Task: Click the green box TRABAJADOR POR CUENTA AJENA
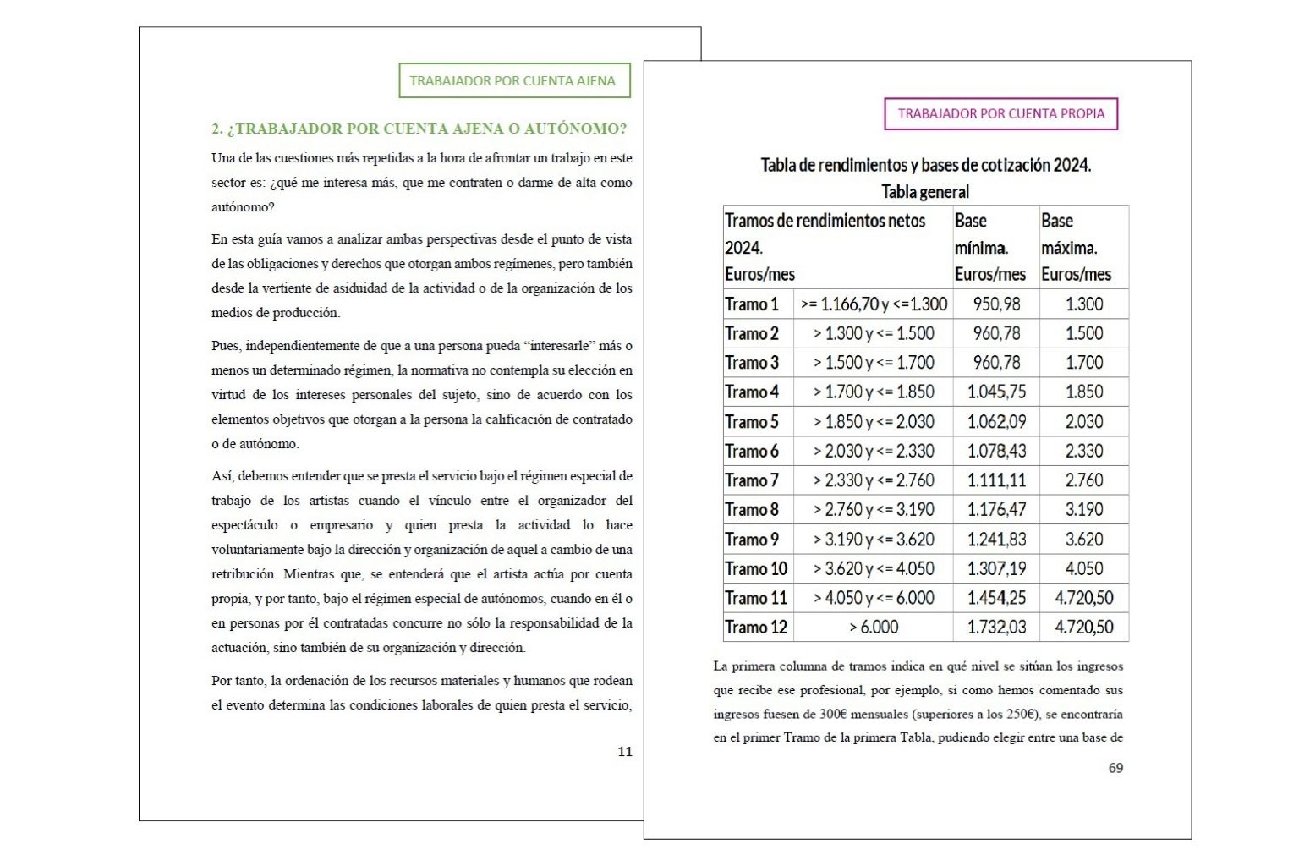coord(513,81)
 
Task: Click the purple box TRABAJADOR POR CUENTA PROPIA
coord(1000,114)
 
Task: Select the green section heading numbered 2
coord(419,129)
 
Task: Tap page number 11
coord(625,752)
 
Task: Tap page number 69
coord(1115,768)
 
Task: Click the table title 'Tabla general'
coord(925,192)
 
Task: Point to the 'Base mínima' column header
coord(990,247)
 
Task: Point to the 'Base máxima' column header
coord(1077,247)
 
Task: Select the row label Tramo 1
coord(752,304)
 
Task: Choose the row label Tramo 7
coord(752,480)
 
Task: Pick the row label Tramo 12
coord(756,628)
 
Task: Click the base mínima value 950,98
coord(996,304)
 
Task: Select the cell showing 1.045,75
coord(996,392)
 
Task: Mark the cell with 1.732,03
coord(996,628)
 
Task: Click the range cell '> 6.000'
coord(874,628)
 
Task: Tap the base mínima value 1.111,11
coord(996,480)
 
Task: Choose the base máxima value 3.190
coord(1084,510)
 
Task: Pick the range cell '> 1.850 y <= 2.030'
coord(874,422)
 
